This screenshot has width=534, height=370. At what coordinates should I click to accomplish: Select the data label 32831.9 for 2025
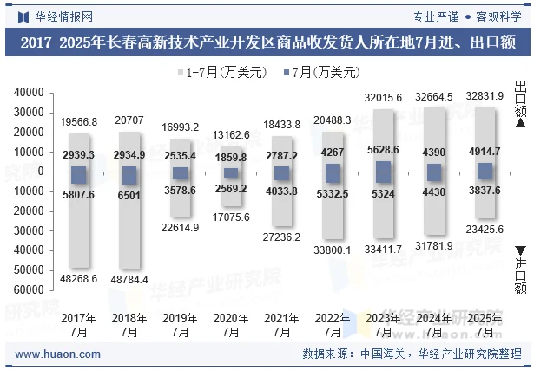tap(485, 96)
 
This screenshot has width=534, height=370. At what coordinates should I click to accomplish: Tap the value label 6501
tap(129, 196)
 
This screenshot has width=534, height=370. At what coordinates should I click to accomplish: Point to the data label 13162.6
tap(231, 134)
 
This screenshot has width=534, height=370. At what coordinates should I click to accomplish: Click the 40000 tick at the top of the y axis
tap(30, 93)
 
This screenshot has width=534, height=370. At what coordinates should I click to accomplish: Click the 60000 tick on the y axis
tap(30, 290)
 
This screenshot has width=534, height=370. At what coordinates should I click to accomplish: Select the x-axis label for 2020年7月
tap(231, 325)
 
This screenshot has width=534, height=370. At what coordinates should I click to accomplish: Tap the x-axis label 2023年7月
tap(383, 325)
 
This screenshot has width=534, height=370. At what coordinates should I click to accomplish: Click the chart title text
tap(267, 42)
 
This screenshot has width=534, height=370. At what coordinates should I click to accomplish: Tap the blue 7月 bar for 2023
tap(383, 172)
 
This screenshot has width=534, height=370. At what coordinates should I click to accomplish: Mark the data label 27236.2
tap(281, 237)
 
